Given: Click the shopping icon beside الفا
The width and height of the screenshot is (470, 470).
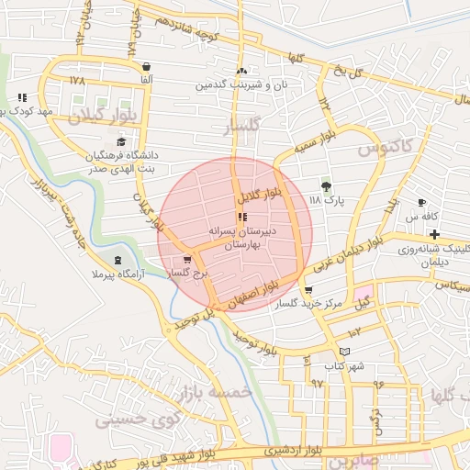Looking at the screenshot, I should (147, 66).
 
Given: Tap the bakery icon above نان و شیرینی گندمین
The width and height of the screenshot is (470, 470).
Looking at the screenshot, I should (241, 71).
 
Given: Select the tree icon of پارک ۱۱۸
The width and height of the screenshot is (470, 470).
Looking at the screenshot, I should (326, 185).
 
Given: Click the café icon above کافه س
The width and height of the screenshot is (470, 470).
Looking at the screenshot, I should (421, 202).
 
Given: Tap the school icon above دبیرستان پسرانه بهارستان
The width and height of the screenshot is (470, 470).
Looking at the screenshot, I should (242, 218).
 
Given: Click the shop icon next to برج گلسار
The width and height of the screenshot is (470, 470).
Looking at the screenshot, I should (187, 260).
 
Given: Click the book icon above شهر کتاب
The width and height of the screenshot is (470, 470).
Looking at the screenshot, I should (344, 352).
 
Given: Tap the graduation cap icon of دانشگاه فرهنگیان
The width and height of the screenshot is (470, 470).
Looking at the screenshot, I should (121, 141).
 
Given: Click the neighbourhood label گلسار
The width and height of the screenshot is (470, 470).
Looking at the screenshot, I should (242, 126).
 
